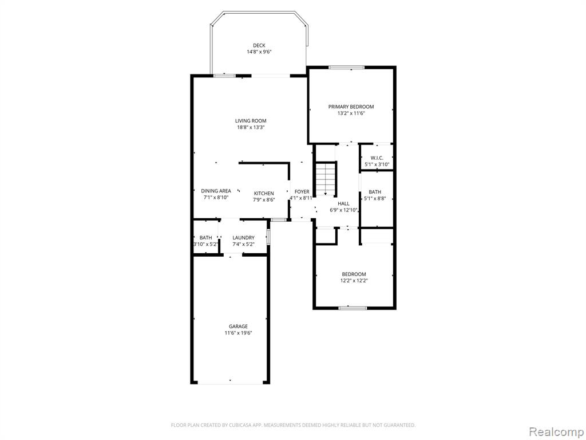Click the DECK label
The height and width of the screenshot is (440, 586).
[x=259, y=46]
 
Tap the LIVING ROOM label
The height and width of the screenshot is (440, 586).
[x=251, y=121]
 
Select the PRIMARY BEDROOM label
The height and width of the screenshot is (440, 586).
[x=351, y=107]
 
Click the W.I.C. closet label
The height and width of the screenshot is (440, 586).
[x=377, y=158]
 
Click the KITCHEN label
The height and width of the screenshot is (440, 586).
[x=264, y=194]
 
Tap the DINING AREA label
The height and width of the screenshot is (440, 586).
[x=216, y=191]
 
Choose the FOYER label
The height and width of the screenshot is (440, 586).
[x=302, y=192]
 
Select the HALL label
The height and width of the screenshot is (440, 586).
[x=343, y=203]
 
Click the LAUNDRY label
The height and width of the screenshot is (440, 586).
[x=243, y=238]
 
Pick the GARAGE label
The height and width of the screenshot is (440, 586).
[x=239, y=327]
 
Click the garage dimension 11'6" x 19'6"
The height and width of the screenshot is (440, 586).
[x=239, y=333]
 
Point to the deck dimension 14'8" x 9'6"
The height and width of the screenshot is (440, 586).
[x=259, y=52]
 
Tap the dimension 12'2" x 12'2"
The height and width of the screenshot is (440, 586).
[x=354, y=281]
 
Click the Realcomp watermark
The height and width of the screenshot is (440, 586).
[x=556, y=432]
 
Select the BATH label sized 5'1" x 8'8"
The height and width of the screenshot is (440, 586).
[x=375, y=192]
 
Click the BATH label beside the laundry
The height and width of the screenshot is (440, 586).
[x=205, y=238]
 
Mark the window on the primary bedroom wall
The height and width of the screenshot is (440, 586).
[x=346, y=68]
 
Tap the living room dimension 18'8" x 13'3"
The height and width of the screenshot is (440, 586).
[x=251, y=127]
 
